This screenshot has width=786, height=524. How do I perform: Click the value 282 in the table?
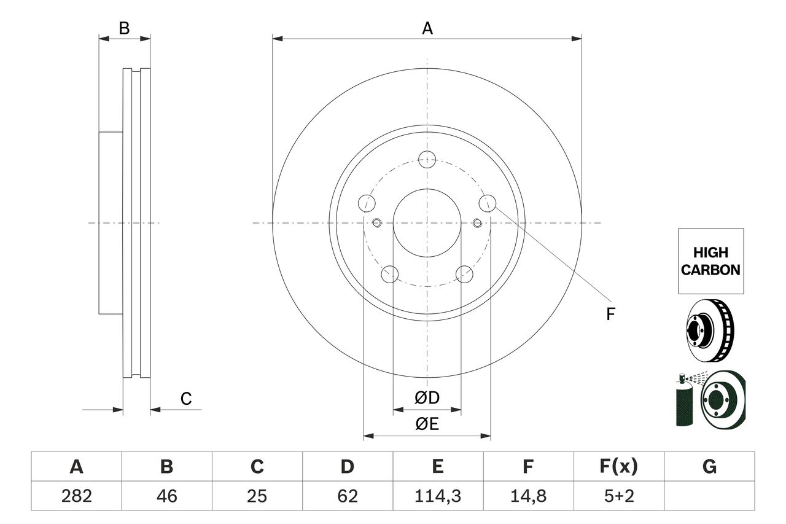[x=76, y=496]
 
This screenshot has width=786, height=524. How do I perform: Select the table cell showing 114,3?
[x=437, y=496]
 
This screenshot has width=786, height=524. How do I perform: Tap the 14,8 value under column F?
[x=527, y=496]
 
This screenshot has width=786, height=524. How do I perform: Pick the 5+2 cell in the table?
[x=618, y=496]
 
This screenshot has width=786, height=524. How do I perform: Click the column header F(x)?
[x=618, y=467]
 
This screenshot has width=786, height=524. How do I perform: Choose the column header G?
[x=709, y=467]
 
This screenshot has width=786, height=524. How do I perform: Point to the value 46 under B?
[x=166, y=496]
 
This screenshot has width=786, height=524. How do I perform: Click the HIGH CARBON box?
[x=710, y=261]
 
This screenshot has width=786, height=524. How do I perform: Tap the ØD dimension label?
[x=427, y=398]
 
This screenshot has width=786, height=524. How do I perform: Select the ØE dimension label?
[x=427, y=424]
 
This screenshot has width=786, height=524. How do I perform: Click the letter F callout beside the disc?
[x=610, y=315]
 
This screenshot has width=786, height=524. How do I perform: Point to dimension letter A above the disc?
[x=427, y=28]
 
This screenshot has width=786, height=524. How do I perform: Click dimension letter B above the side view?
[x=124, y=28]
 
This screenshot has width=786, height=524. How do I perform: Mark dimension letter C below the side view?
[x=186, y=399]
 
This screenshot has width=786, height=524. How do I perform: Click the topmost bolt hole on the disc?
[x=427, y=160]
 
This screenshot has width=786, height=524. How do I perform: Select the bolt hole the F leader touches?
[x=488, y=203]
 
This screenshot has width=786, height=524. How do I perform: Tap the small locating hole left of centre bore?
[x=377, y=222]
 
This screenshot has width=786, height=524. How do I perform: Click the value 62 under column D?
[x=347, y=496]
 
